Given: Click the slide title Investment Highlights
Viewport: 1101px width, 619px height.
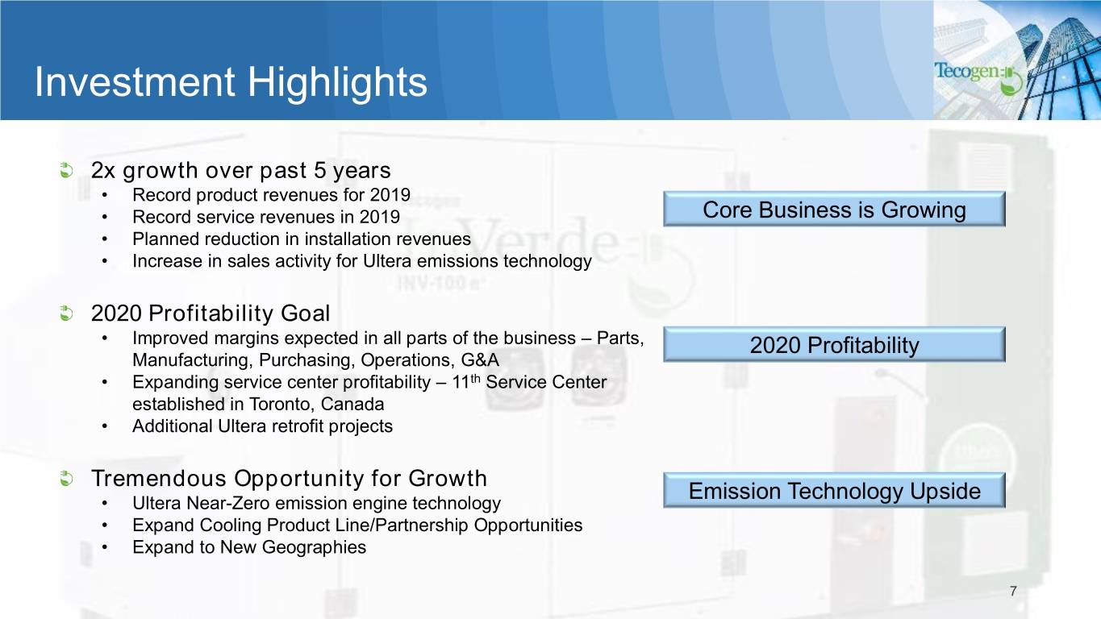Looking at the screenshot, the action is [x=231, y=82].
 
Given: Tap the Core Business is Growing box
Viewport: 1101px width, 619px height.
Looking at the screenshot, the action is [x=834, y=210].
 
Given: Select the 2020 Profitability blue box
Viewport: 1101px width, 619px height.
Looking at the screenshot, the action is [x=834, y=344].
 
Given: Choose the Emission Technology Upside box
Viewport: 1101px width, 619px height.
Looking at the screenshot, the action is [x=834, y=490].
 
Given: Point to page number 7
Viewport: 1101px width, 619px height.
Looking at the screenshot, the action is [x=1013, y=591].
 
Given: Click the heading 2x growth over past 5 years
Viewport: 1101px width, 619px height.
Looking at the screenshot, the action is [x=241, y=171].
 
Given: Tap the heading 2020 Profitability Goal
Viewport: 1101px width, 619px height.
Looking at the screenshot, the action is [x=211, y=314].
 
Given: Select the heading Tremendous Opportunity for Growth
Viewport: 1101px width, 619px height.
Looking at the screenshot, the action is [x=289, y=479].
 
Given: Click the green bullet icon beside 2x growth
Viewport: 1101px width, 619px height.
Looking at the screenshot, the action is [x=66, y=171].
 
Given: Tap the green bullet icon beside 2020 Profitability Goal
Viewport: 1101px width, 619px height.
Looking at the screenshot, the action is [x=66, y=313].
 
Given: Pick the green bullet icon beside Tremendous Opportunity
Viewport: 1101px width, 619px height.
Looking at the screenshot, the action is [x=66, y=478].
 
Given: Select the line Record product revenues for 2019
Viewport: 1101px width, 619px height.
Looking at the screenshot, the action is [x=271, y=195].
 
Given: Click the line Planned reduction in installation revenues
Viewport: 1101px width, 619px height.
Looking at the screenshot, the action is [x=302, y=239].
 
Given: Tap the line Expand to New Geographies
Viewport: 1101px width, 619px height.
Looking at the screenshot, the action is [x=249, y=547].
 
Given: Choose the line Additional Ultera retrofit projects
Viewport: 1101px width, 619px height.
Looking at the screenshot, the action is [x=262, y=426].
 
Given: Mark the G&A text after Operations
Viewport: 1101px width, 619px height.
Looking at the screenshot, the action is [x=480, y=360].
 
